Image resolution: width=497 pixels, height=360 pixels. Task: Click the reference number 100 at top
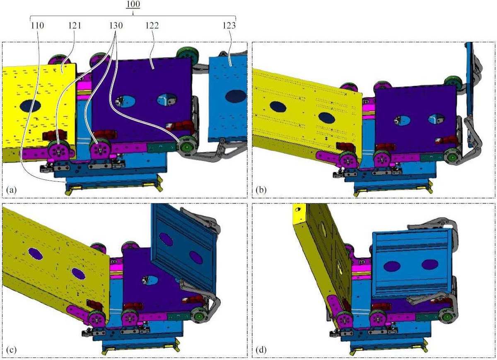(x=133, y=5)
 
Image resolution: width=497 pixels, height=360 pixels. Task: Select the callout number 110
(x=37, y=26)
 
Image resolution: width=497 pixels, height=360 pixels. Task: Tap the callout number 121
(x=75, y=26)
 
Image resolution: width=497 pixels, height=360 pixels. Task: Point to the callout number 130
(x=116, y=26)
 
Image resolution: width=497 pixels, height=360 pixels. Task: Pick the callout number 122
(x=152, y=26)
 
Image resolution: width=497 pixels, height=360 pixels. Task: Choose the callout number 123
(x=229, y=26)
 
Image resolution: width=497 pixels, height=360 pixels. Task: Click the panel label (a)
(x=12, y=190)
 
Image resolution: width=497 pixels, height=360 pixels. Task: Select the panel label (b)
(x=261, y=190)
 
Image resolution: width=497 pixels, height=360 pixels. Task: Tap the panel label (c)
(x=12, y=350)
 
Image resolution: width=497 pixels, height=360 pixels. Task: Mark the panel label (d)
(x=261, y=350)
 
